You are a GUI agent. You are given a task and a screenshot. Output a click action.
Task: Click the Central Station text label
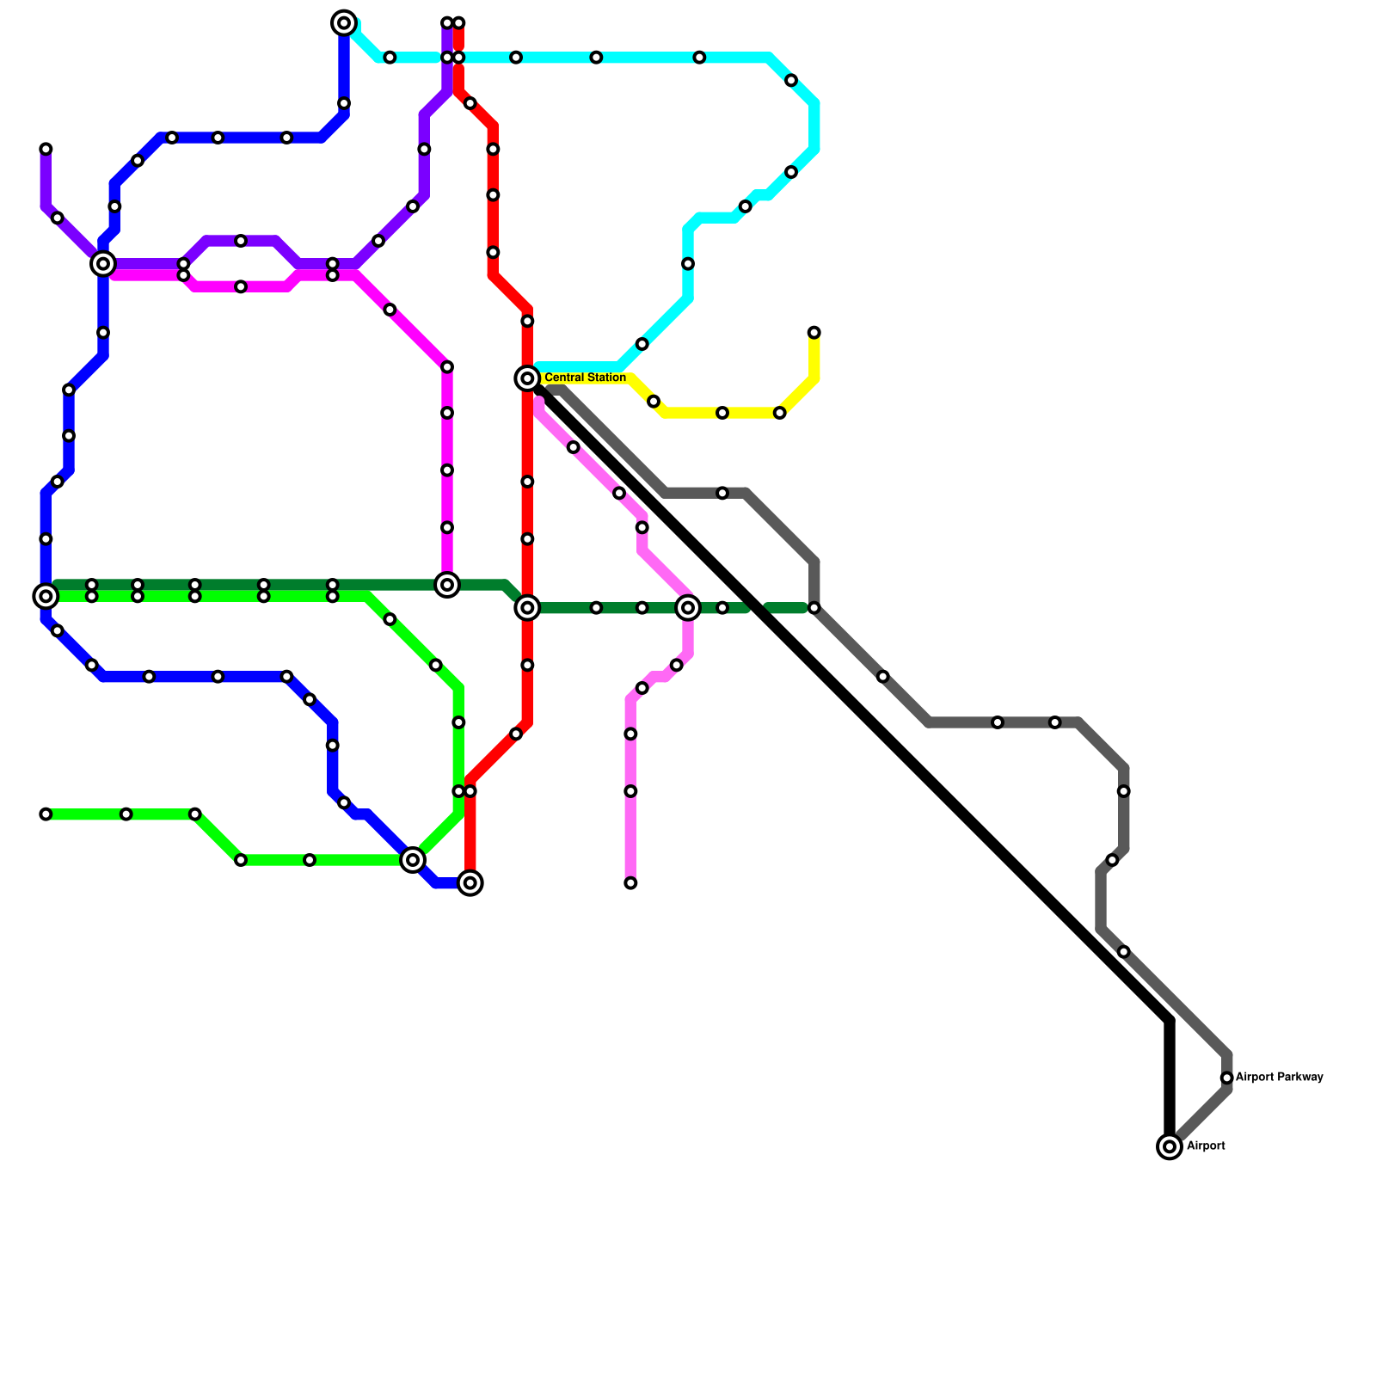585,378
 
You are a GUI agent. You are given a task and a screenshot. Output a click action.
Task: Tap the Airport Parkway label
1279,1078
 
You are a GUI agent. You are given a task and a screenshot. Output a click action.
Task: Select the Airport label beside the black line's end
1206,1146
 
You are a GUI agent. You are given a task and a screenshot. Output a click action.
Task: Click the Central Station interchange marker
527,378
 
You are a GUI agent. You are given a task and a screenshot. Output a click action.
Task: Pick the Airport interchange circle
1170,1146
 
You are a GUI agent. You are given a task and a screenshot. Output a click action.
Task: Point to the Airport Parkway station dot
1227,1078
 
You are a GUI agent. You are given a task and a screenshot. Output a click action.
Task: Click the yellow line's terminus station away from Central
814,333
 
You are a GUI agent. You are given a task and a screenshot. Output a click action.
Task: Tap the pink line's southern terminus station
630,883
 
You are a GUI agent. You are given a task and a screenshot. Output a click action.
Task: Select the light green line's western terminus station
46,814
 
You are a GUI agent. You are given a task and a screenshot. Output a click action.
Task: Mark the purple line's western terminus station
46,150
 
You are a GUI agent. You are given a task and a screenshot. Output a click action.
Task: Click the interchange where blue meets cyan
344,23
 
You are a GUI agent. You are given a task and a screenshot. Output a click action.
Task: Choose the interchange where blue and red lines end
470,883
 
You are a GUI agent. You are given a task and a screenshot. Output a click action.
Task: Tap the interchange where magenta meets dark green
447,586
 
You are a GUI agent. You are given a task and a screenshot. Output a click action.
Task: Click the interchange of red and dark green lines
527,608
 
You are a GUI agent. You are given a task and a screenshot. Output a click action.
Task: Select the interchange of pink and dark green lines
688,608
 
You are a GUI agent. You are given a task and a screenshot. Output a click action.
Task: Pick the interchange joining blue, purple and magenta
103,264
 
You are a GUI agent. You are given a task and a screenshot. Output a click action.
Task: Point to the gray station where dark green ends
814,608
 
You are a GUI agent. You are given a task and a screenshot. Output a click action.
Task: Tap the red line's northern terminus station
459,23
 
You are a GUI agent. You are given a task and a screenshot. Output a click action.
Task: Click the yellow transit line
722,414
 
